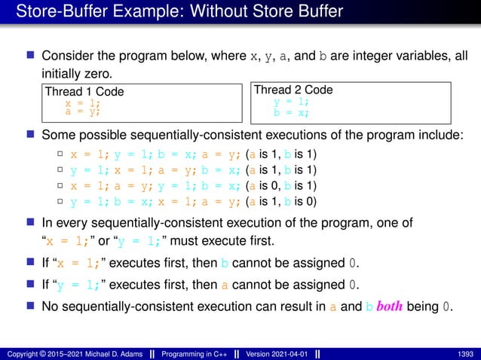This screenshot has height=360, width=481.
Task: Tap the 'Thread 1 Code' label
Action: (84, 92)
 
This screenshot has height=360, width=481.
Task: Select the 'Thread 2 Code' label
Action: (293, 90)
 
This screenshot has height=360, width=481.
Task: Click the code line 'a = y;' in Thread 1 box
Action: (82, 111)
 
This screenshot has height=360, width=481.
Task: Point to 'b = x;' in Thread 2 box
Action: (291, 112)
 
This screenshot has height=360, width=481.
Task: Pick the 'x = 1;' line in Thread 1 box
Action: (82, 102)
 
